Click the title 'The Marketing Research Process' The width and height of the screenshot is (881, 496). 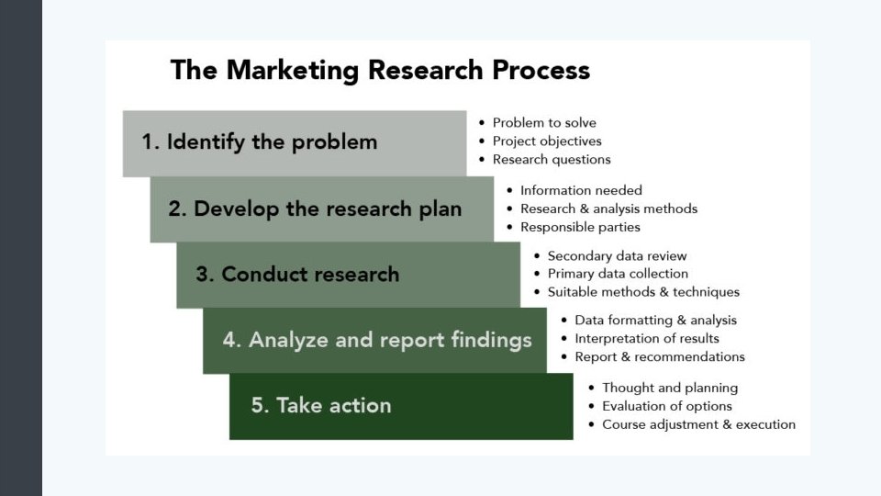point(380,71)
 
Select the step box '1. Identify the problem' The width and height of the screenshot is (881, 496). point(294,142)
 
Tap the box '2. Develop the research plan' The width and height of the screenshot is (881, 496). point(321,209)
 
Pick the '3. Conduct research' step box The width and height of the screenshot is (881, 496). point(348,275)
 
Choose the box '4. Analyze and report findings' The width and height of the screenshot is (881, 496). point(374,341)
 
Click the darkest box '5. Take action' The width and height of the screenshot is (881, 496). point(401,406)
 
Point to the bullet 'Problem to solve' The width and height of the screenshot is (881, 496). point(544,123)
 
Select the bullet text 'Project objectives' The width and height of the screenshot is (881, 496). point(547,141)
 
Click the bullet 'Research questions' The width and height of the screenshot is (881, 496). point(552,160)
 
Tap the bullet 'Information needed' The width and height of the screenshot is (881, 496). point(581,191)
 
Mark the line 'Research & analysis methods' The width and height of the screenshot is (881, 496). point(608,209)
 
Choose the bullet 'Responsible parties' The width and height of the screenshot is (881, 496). point(580,228)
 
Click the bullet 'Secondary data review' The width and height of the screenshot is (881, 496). point(617,256)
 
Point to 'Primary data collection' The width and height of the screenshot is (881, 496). point(618,274)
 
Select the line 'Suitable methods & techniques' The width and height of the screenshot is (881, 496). point(643,292)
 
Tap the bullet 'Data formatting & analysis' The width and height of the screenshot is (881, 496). point(655,321)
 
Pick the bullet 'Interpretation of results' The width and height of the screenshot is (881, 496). point(647,339)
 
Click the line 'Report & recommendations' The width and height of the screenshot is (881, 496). point(659,357)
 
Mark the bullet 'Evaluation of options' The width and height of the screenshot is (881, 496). point(666,407)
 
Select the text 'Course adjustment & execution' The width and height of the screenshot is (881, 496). point(698,425)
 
